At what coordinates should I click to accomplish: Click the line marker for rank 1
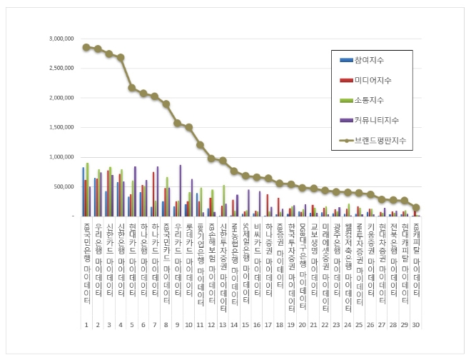[86, 47]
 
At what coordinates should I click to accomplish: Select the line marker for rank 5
[132, 88]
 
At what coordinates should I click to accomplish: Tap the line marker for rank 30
[416, 207]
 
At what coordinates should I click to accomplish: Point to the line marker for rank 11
[201, 145]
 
